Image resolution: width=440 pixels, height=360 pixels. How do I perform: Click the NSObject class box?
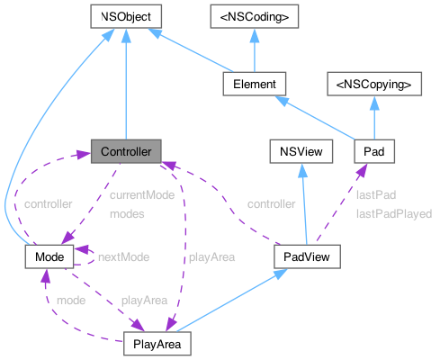coord(126,15)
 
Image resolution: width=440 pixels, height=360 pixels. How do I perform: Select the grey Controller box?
coord(126,150)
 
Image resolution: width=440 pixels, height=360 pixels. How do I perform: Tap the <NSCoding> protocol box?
coord(254,15)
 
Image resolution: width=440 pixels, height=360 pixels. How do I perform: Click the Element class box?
coord(254,83)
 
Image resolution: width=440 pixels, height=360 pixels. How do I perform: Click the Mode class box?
coord(47,256)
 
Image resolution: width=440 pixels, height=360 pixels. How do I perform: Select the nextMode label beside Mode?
coord(123,256)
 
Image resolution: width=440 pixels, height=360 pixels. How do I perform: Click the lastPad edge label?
coord(375,193)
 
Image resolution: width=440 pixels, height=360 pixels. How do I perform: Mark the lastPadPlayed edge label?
coord(394,214)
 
